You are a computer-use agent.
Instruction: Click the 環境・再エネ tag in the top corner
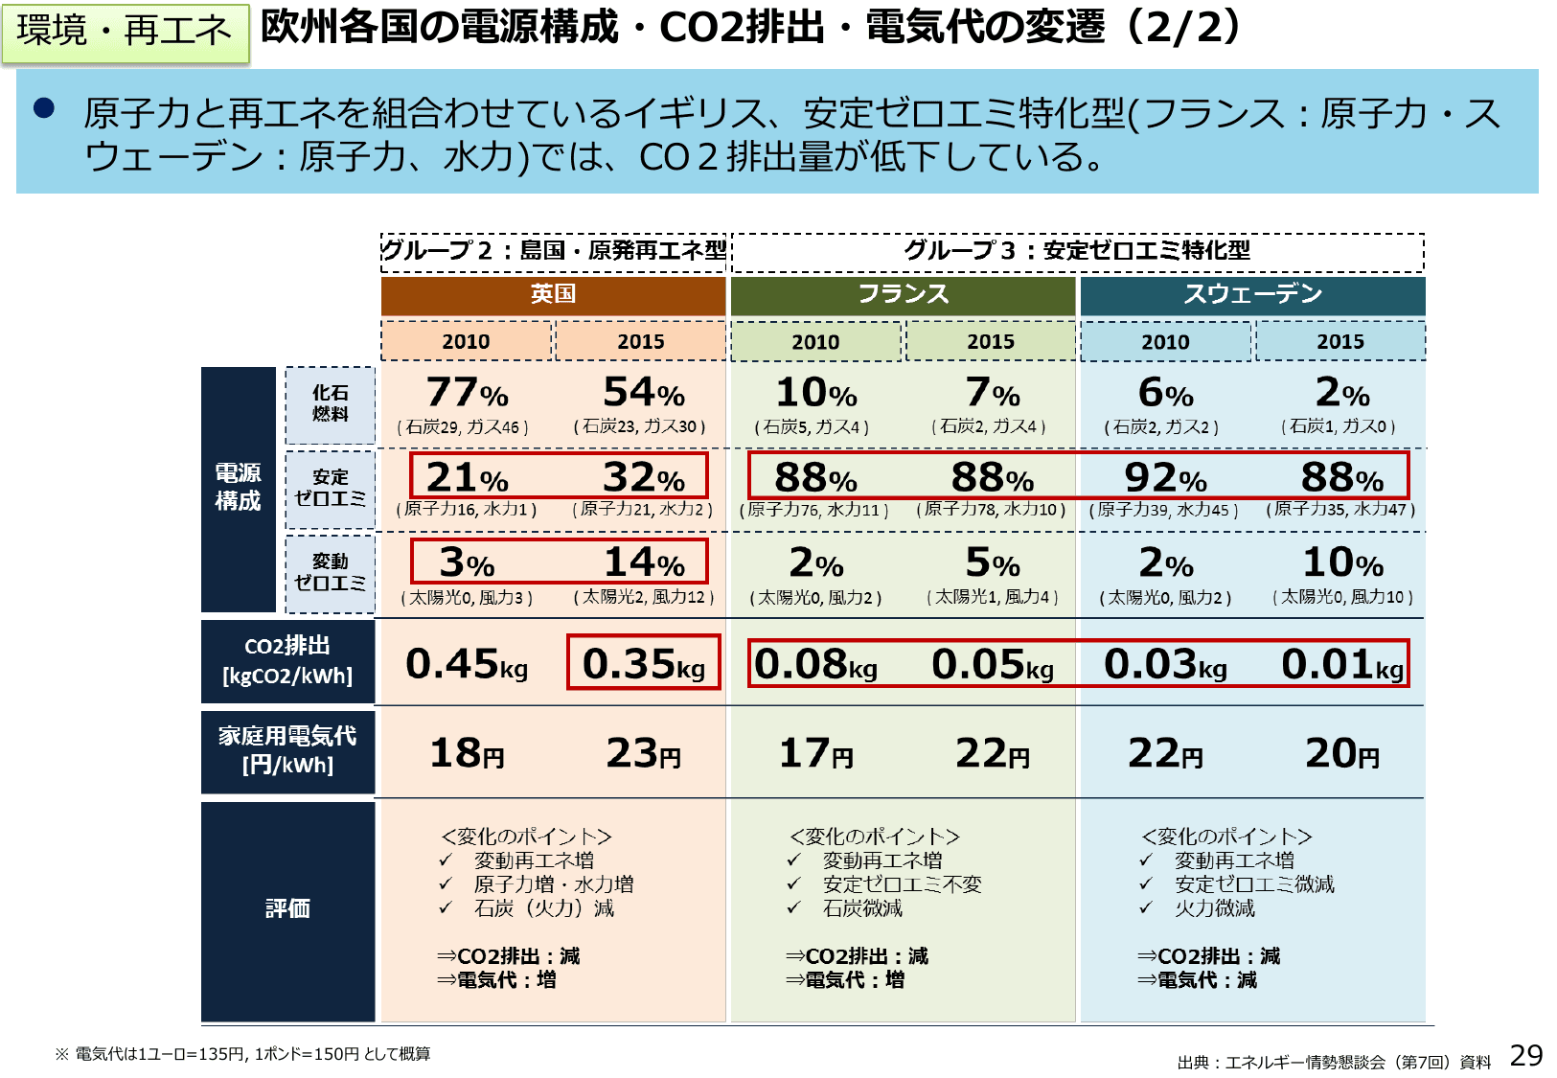(125, 32)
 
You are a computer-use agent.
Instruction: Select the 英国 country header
(553, 295)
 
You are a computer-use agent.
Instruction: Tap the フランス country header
(903, 295)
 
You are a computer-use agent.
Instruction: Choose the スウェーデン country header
(1252, 295)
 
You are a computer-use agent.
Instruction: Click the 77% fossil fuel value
(467, 393)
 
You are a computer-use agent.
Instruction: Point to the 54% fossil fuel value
(643, 393)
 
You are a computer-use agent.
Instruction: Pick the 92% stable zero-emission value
(1165, 477)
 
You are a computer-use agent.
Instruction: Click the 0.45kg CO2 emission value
(467, 664)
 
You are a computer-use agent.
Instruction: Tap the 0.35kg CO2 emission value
(643, 663)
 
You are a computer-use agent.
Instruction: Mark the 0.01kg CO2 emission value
(1341, 664)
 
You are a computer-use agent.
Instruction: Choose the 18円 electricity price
(467, 754)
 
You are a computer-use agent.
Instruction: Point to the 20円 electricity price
(1341, 754)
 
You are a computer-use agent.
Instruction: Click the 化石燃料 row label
(330, 404)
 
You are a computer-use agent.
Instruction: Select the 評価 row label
(287, 909)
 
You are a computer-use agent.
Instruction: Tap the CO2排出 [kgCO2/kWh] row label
(287, 661)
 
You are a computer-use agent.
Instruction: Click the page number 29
(1525, 1056)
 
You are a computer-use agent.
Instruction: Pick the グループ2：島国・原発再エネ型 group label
(555, 251)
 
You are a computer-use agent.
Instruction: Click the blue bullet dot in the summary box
(44, 107)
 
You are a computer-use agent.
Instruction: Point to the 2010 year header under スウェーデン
(1165, 342)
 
